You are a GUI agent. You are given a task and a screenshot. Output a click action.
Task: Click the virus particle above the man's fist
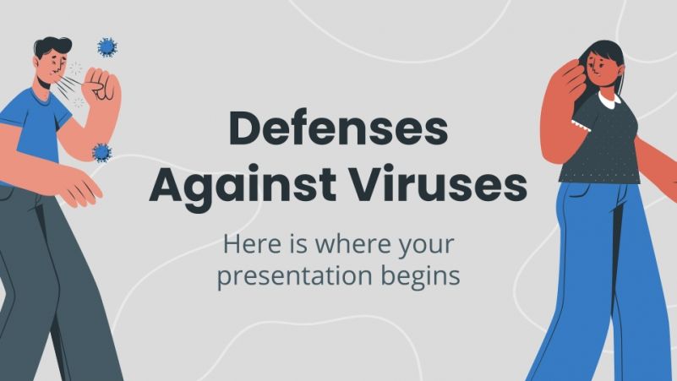pyautogui.click(x=107, y=46)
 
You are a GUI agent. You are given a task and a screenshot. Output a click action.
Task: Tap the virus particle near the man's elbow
pyautogui.click(x=102, y=152)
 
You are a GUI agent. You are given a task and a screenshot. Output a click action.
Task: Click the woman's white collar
pyautogui.click(x=610, y=103)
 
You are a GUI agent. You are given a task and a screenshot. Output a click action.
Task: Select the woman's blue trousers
pyautogui.click(x=597, y=270)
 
